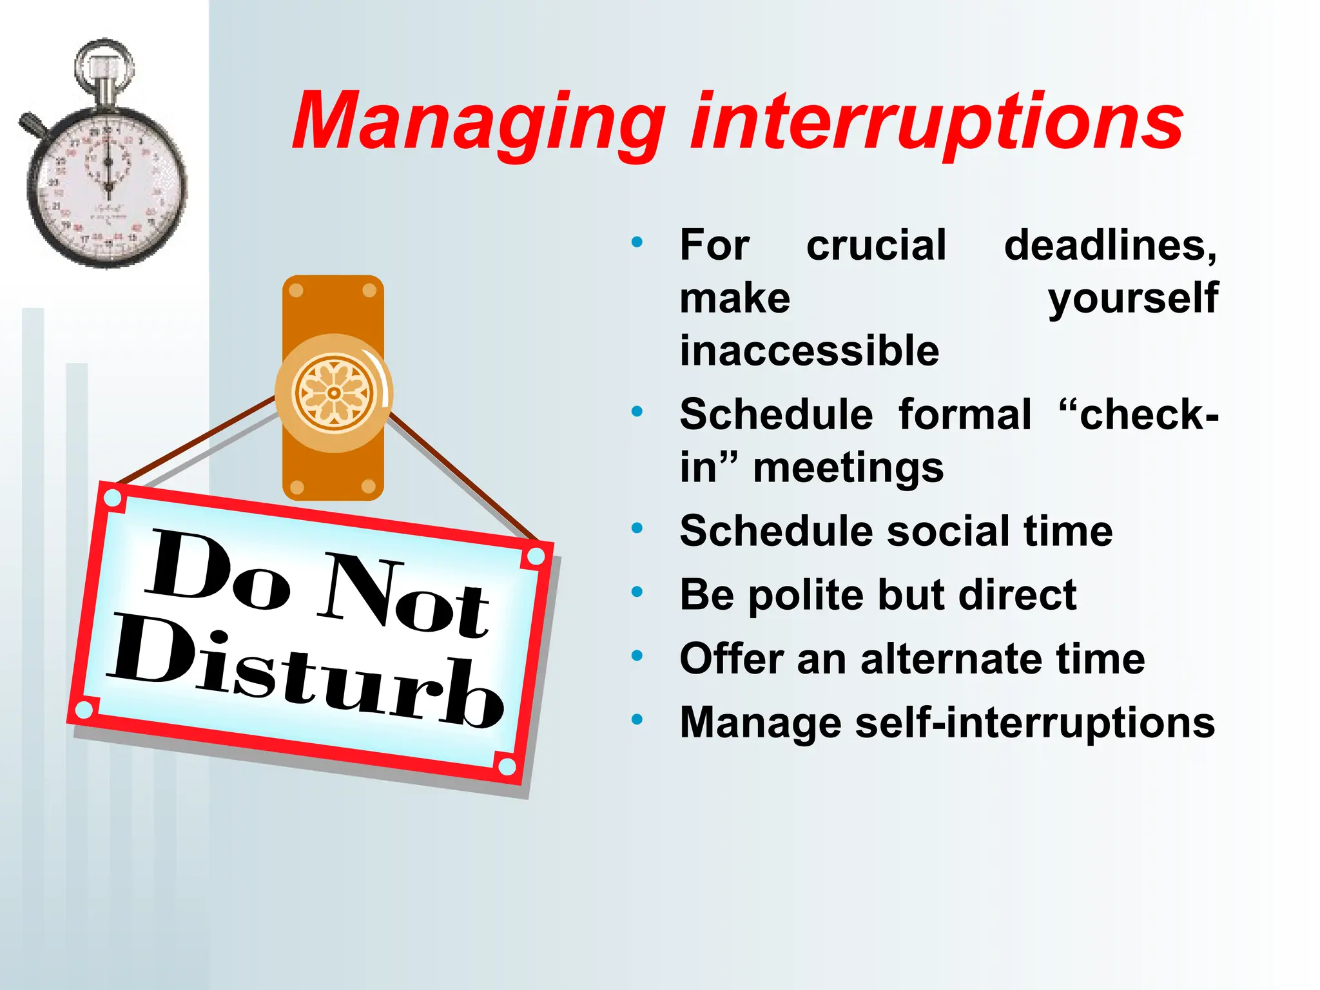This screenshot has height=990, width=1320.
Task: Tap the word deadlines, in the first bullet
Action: [1110, 246]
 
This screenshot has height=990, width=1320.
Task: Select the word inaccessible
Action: [810, 351]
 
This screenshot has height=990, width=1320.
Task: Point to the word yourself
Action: [1132, 299]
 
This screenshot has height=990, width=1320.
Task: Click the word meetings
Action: [848, 468]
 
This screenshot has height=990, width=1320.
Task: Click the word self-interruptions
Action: [1034, 723]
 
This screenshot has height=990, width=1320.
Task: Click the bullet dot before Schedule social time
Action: [637, 529]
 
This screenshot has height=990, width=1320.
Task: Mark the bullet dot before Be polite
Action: [637, 592]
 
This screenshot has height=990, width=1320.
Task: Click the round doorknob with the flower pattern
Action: [334, 393]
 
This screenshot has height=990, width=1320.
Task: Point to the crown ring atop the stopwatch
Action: [104, 64]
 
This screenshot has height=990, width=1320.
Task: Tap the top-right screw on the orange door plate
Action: [369, 291]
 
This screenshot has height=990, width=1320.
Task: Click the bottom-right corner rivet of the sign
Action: [507, 766]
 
